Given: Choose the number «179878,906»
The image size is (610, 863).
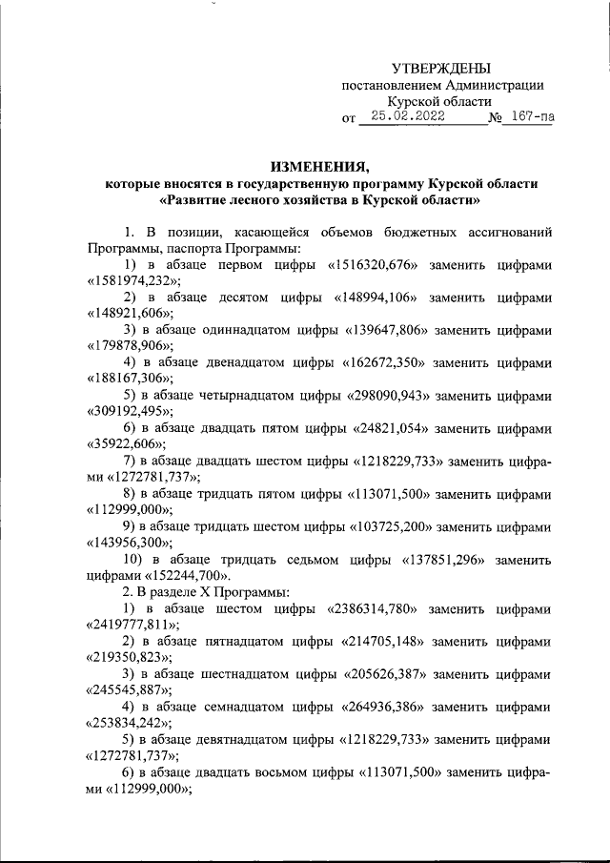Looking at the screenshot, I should (129, 347).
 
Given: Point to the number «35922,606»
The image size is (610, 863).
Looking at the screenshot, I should (125, 445).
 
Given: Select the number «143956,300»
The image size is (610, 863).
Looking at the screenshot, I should (129, 545).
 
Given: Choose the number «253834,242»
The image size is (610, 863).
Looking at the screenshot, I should (129, 724).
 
